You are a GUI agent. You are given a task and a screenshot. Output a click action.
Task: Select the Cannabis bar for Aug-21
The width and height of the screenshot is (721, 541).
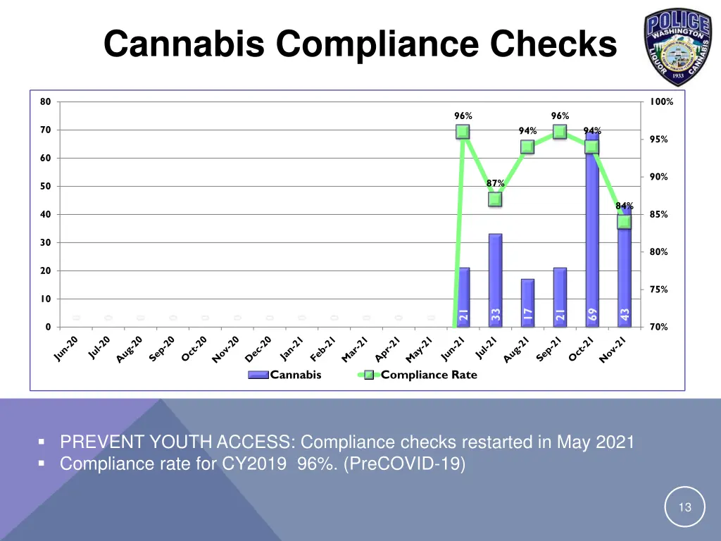point(527,303)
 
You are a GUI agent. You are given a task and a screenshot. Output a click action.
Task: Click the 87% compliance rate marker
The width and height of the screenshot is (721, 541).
point(495,199)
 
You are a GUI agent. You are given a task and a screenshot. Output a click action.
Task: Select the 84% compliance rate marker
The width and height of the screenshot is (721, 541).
point(624,222)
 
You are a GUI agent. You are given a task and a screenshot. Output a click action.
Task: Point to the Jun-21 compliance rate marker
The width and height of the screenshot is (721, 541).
point(463,132)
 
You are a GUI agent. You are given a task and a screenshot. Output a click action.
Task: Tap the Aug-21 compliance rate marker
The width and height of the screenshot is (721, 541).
point(527,147)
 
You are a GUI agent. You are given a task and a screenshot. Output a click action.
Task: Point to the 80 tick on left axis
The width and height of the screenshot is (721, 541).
point(45,101)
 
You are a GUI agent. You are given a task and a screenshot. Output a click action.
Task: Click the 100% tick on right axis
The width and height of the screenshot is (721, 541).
point(661,101)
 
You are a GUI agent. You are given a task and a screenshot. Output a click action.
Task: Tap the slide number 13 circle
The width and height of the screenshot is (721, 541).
point(684,507)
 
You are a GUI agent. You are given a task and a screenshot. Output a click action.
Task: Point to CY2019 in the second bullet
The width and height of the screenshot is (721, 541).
point(257,464)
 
